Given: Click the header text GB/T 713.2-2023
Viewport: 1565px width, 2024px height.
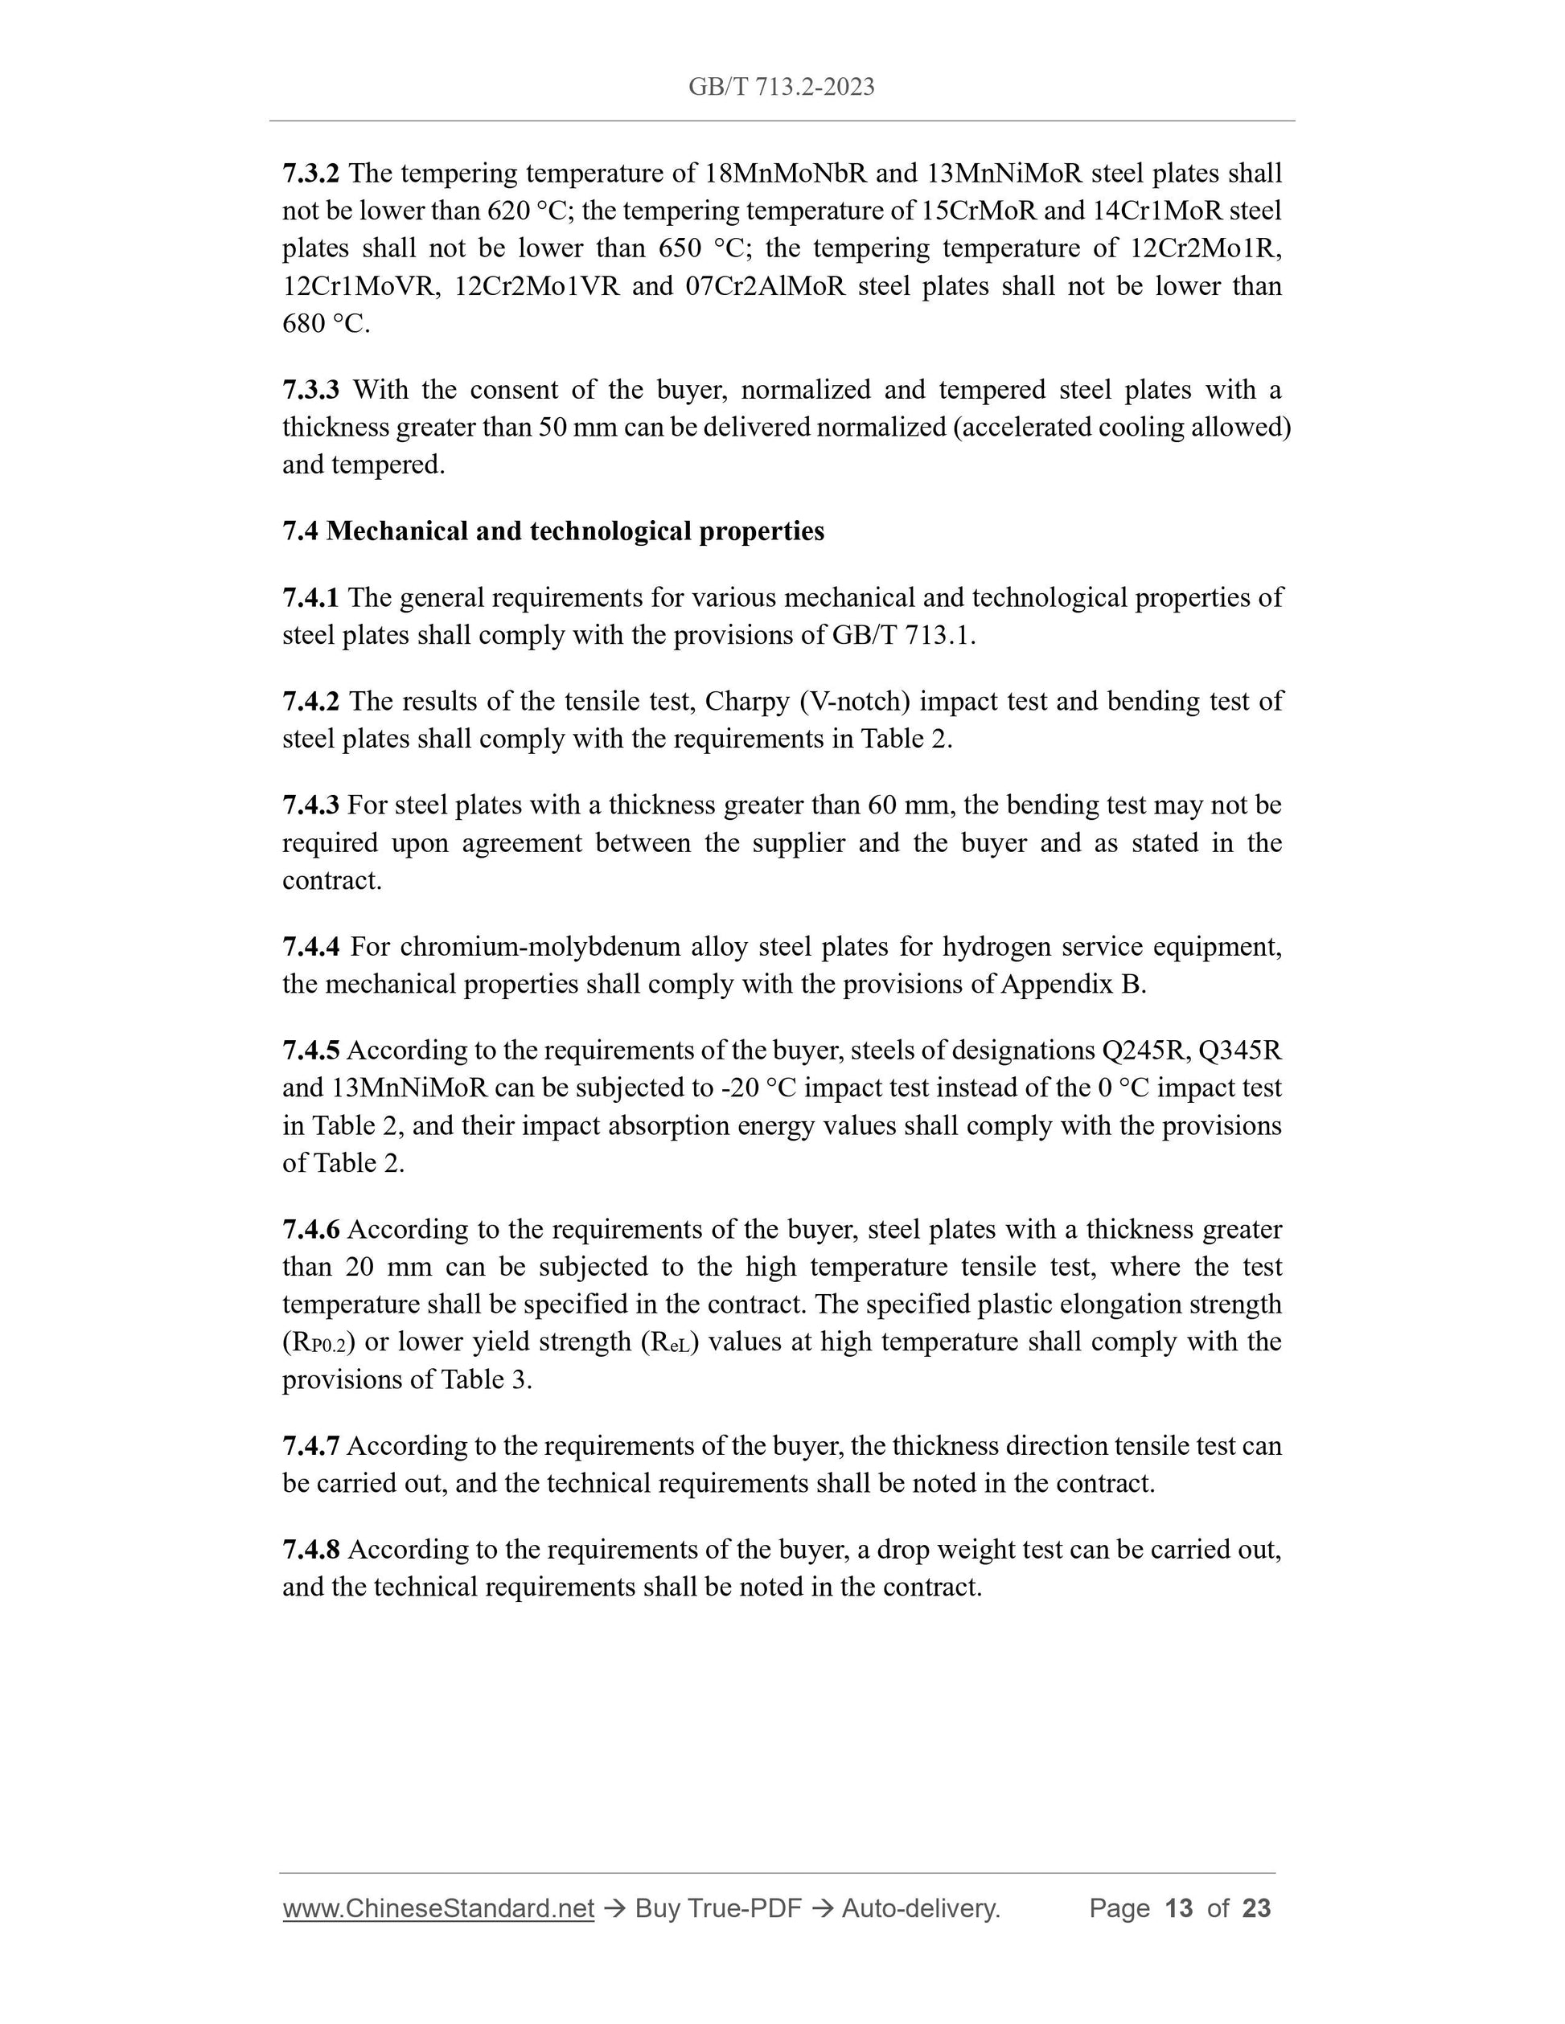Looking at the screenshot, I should click(x=781, y=87).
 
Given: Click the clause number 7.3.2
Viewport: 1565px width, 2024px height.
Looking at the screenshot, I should click(x=310, y=174).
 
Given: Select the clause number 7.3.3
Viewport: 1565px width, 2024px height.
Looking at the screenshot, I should click(x=310, y=390).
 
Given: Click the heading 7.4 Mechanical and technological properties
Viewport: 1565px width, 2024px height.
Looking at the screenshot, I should click(x=552, y=531).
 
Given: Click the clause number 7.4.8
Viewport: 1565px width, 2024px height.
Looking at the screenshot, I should click(x=310, y=1550).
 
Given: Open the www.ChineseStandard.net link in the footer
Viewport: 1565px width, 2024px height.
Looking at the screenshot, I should click(x=437, y=1908).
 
